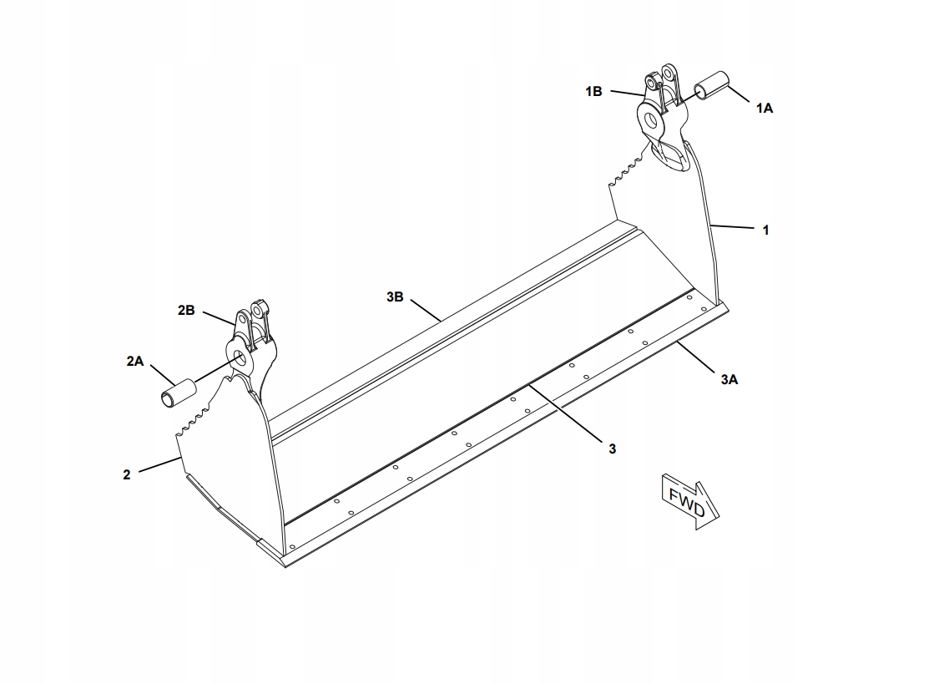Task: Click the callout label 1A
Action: click(x=765, y=108)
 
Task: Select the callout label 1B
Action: click(x=593, y=91)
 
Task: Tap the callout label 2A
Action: click(x=135, y=361)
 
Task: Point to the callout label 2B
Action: click(x=186, y=311)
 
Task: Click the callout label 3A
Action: click(x=730, y=379)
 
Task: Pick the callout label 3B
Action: click(x=395, y=296)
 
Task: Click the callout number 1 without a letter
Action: click(x=766, y=230)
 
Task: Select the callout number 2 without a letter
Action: click(x=126, y=475)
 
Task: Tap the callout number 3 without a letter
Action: click(x=613, y=448)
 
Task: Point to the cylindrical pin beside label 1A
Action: click(x=713, y=86)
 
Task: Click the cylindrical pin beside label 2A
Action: click(x=179, y=393)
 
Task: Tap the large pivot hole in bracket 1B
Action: click(x=651, y=119)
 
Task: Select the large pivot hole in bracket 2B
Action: click(x=240, y=357)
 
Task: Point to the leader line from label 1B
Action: click(x=627, y=93)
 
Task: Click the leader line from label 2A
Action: click(x=162, y=375)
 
